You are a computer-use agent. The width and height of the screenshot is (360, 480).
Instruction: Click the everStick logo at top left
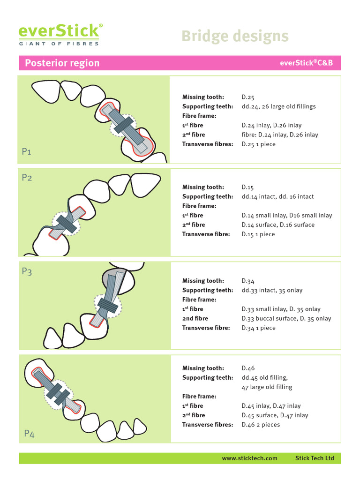[59, 34]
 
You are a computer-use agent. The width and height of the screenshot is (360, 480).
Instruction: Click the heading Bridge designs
[234, 36]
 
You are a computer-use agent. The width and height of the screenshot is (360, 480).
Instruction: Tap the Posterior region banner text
[62, 63]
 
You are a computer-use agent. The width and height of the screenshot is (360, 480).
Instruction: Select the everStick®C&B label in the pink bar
[306, 63]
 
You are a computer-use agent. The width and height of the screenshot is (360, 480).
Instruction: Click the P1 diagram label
[27, 151]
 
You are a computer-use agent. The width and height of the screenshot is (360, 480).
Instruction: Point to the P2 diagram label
[27, 178]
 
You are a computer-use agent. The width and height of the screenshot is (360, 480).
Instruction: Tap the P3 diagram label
[27, 271]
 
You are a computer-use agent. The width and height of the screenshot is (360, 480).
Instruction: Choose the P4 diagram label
[30, 434]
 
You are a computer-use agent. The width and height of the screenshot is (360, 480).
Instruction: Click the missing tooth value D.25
[248, 97]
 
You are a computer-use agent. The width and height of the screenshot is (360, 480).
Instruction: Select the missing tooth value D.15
[248, 187]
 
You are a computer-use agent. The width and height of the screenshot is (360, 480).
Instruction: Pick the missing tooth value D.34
[248, 281]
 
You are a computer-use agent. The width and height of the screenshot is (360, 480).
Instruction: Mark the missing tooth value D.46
[248, 368]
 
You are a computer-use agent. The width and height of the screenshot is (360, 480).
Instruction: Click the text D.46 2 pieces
[261, 425]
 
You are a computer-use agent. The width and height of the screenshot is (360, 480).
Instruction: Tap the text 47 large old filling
[267, 387]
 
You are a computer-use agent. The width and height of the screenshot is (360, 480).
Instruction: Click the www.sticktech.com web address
[249, 458]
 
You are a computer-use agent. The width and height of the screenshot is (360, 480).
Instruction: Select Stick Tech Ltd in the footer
[315, 458]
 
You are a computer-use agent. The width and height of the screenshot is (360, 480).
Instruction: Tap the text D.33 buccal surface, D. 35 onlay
[286, 319]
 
